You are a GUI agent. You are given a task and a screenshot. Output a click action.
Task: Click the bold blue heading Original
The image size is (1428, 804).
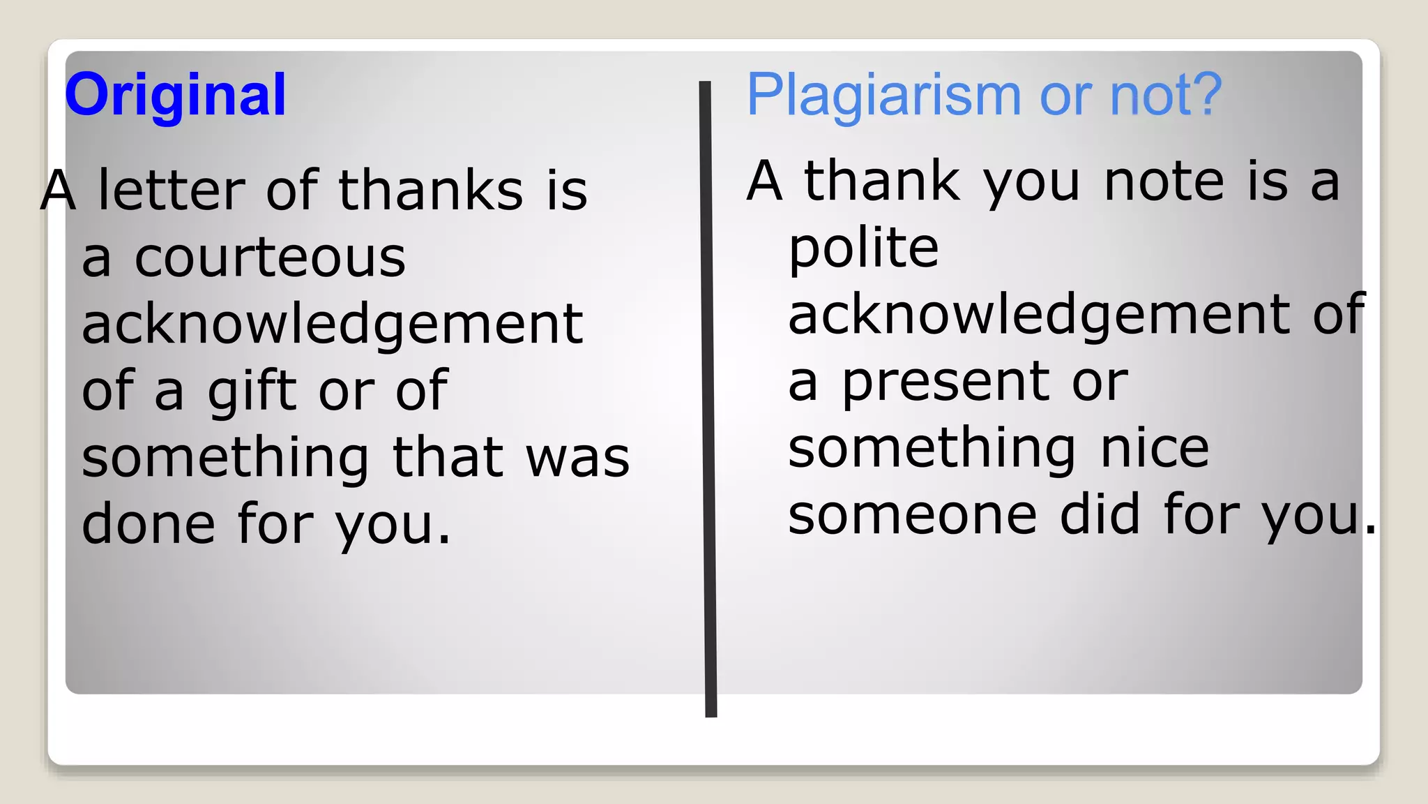pyautogui.click(x=176, y=95)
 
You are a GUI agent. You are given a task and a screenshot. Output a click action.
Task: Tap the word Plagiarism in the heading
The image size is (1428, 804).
pyautogui.click(x=883, y=95)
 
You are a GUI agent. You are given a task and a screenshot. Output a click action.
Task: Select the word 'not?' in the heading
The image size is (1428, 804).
pyautogui.click(x=1166, y=95)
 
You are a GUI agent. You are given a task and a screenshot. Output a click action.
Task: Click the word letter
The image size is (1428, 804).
pyautogui.click(x=172, y=190)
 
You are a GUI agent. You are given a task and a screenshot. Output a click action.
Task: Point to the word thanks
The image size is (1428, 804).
pyautogui.click(x=431, y=190)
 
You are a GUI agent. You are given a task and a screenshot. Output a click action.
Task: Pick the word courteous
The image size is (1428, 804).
pyautogui.click(x=270, y=258)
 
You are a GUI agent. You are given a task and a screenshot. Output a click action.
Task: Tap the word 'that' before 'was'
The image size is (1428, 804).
pyautogui.click(x=448, y=458)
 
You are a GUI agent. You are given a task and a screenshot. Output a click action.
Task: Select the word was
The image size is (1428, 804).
pyautogui.click(x=577, y=458)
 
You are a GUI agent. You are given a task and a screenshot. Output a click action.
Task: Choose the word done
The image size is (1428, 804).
pyautogui.click(x=149, y=524)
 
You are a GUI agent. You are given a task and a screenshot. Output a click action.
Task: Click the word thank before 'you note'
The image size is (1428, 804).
pyautogui.click(x=882, y=181)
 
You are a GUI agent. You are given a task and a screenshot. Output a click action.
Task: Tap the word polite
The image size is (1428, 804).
pyautogui.click(x=864, y=248)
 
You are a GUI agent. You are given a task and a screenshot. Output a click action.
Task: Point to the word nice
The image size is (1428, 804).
pyautogui.click(x=1154, y=449)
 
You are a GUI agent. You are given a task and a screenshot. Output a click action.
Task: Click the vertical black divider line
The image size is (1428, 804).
pyautogui.click(x=708, y=398)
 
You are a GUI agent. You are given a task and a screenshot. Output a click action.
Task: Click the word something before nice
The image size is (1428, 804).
pyautogui.click(x=932, y=449)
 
